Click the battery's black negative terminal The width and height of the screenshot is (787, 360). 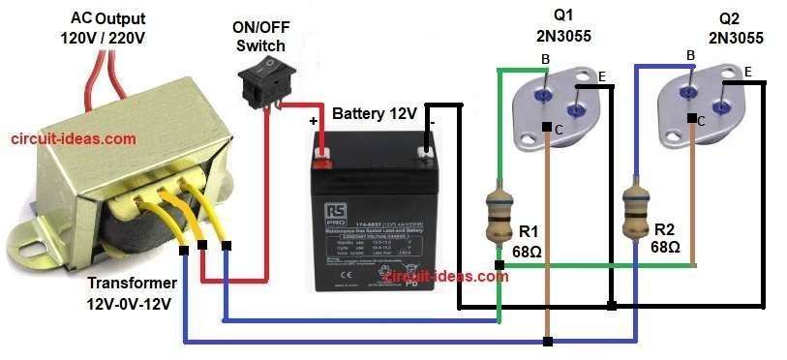[x=424, y=151]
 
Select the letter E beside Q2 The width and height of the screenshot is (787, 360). [x=748, y=72]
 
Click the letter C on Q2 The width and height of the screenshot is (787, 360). [x=701, y=122]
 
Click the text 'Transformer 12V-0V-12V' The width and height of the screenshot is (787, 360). [x=132, y=292]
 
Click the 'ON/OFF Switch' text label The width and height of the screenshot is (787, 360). [x=260, y=38]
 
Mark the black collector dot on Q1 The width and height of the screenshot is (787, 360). [x=547, y=128]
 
